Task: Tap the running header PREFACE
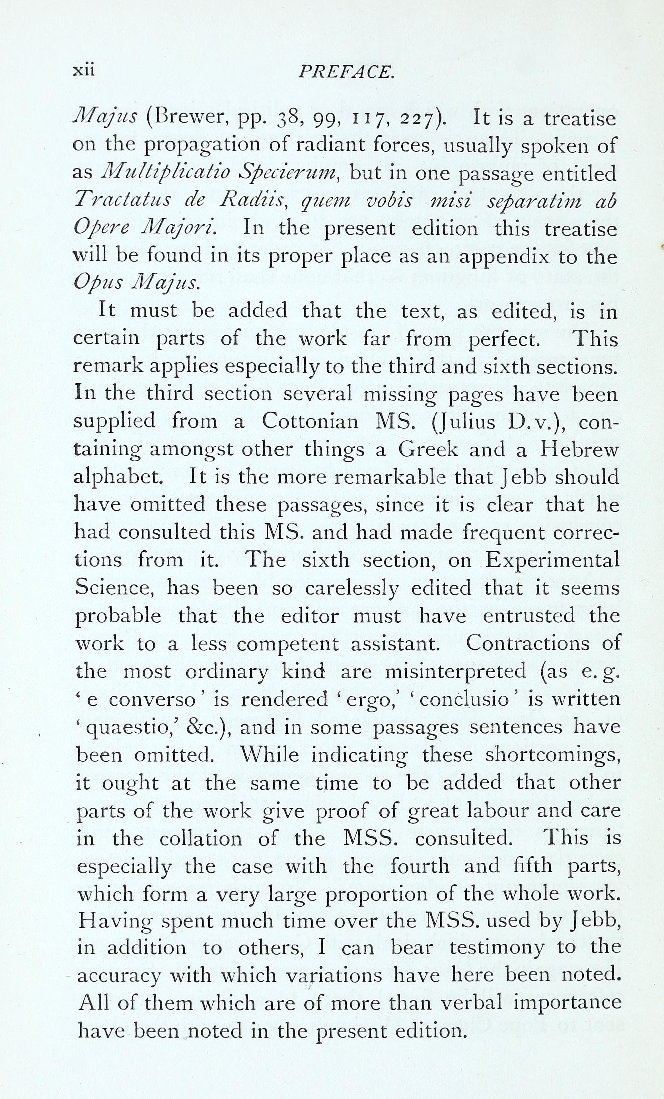[346, 71]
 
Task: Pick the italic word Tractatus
[122, 200]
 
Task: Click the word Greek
[428, 449]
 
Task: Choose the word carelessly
[351, 588]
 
